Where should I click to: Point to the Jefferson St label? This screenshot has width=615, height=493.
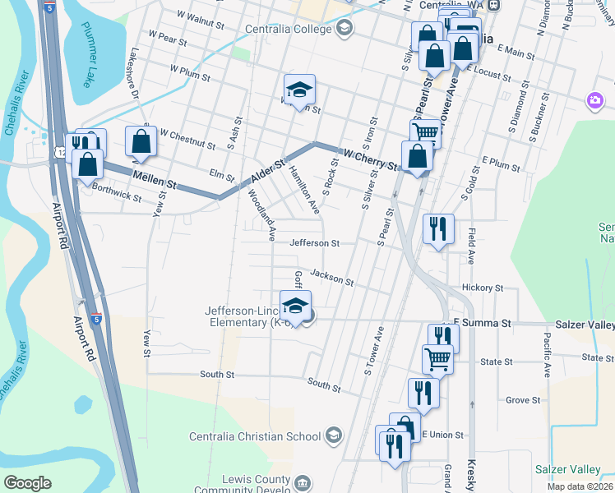point(314,243)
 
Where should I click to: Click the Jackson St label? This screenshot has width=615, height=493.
point(331,277)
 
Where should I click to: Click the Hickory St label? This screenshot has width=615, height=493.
point(482,288)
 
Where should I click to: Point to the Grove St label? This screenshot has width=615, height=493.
point(523,400)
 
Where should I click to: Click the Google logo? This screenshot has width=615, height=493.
point(28,483)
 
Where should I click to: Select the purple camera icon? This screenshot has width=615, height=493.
point(594,100)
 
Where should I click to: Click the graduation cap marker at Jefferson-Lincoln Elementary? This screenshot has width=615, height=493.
point(295,307)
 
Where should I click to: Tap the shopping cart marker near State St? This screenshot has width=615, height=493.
point(437,359)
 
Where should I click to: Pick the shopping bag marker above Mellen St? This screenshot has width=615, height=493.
point(141,141)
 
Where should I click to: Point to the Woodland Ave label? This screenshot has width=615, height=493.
point(262,215)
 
